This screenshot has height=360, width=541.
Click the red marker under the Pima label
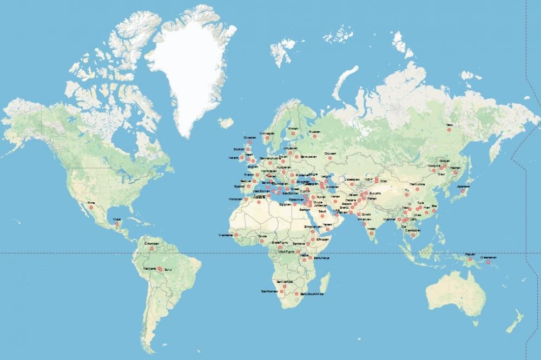pos(91,207)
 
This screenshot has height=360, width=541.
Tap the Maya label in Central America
pos(116,219)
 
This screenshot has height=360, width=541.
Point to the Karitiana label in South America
pos(149,268)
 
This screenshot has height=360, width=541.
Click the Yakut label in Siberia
pos(449,124)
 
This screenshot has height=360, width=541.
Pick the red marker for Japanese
pos(463,191)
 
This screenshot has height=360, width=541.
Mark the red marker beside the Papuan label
pos(471,259)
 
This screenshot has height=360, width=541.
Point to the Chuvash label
pos(330,154)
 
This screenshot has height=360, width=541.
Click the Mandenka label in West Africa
pos(226,235)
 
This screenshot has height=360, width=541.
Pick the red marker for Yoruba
pos(261,241)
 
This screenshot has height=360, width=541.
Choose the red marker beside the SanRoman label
pos(282,291)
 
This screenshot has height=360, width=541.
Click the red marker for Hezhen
pos(455,173)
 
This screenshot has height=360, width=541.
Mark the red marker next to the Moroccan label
pos(246,199)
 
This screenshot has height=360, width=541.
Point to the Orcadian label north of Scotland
pos(249,138)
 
